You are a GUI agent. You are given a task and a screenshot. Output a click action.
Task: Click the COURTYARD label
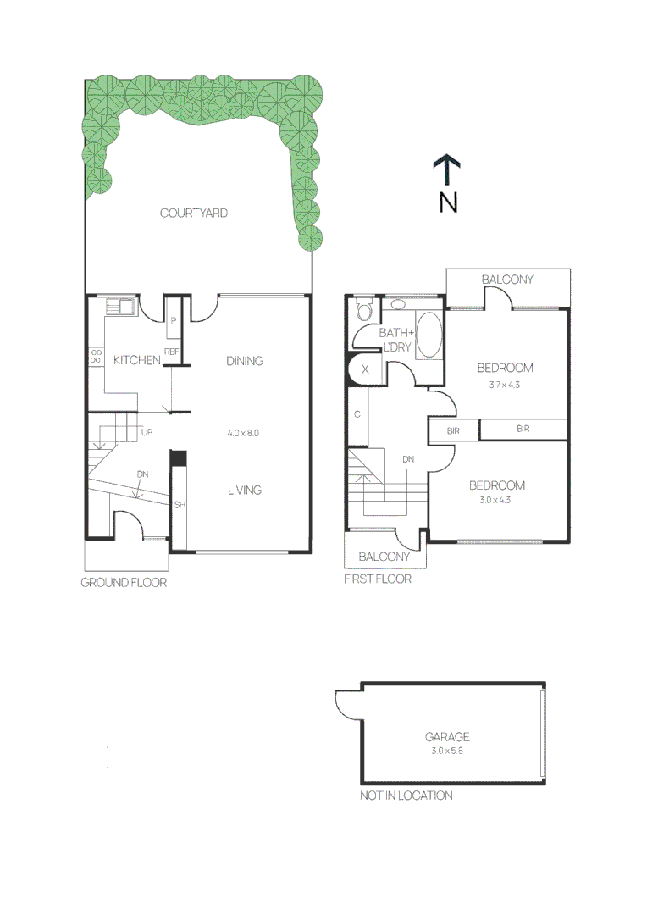[194, 213]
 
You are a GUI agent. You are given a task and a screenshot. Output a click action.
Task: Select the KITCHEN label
[137, 360]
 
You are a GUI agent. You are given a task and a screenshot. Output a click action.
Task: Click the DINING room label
[245, 360]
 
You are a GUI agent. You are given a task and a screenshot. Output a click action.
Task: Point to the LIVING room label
[244, 490]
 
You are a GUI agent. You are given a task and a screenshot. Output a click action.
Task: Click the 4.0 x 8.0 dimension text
[243, 433]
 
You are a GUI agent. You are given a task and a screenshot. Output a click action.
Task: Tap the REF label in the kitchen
[171, 351]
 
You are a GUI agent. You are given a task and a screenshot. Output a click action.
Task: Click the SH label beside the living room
[180, 505]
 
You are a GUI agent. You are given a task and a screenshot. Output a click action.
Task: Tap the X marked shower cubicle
[365, 370]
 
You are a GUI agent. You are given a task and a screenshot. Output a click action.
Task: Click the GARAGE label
[447, 737]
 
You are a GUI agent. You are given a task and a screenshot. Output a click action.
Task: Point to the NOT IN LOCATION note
[406, 796]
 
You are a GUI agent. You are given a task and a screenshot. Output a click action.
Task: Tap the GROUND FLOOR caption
[124, 583]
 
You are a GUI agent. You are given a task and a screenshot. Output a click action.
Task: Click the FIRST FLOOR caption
[378, 579]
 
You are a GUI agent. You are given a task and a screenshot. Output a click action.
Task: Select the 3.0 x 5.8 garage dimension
[446, 751]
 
